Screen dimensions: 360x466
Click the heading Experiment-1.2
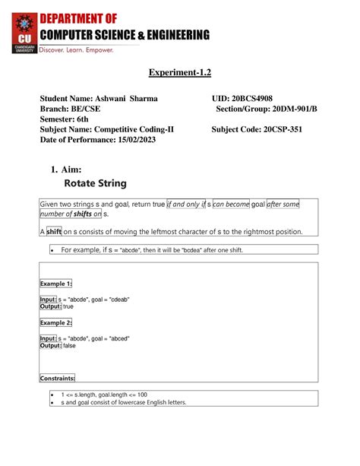(179, 73)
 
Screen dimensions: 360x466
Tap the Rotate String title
(96, 183)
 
